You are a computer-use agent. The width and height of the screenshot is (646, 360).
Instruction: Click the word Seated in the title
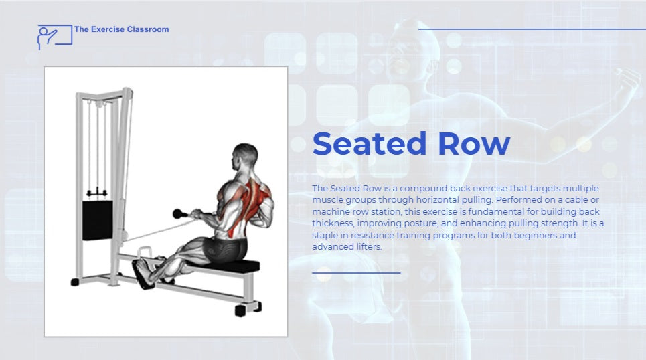point(369,143)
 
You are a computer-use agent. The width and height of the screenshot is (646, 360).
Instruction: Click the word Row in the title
point(474,143)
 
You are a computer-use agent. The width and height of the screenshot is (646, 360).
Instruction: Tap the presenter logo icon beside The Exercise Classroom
point(54,37)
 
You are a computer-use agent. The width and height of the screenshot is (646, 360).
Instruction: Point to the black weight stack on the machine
point(98,220)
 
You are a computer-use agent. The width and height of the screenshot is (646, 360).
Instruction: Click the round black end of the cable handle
point(178,213)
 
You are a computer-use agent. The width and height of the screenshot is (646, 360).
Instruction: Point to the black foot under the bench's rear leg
point(240,311)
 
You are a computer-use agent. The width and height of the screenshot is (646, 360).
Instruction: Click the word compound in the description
point(423,189)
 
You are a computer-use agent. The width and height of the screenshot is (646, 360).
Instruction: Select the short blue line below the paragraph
point(356,273)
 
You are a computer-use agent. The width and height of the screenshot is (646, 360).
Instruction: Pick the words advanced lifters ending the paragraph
point(347,247)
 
